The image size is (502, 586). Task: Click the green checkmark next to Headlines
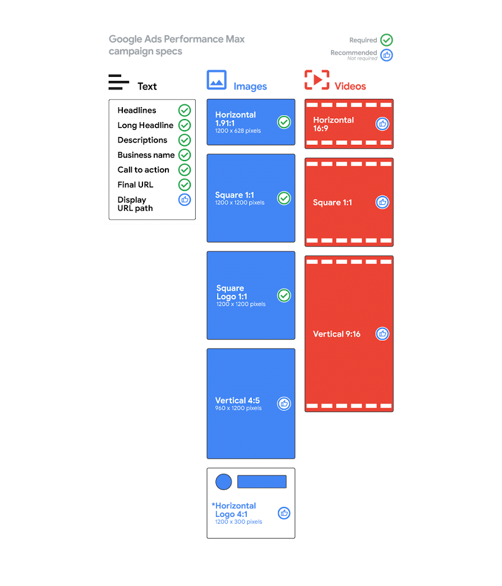185,110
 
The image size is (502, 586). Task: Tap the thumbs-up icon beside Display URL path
185,200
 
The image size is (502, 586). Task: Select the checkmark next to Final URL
185,185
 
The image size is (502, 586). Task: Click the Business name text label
146,155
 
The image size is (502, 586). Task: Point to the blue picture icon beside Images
217,80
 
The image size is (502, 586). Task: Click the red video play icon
317,80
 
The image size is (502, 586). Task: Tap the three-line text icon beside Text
119,82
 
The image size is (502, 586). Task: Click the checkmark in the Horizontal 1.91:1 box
284,122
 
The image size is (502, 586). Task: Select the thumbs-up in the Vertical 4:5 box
284,403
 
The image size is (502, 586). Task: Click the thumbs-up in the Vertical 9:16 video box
382,334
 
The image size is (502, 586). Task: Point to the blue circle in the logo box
223,482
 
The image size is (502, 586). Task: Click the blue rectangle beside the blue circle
262,482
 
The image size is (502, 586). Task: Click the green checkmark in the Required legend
386,40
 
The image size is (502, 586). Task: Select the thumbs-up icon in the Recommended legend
386,55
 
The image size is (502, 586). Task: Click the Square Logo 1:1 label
232,292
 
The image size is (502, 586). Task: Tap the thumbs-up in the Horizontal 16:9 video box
382,123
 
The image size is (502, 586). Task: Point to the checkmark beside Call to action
185,170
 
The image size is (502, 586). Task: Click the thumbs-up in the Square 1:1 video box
382,202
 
